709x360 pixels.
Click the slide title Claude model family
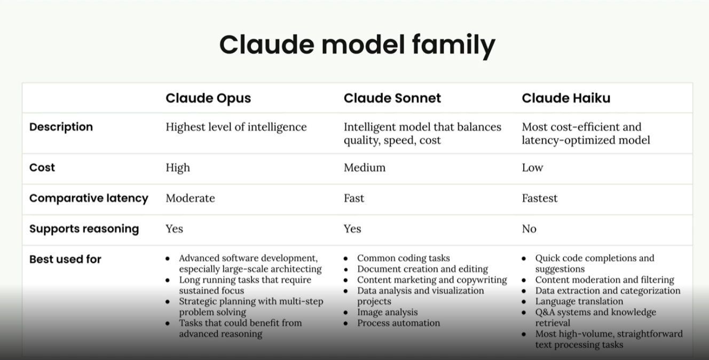coord(357,45)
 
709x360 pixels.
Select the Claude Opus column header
coord(208,98)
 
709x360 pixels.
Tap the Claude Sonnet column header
coord(392,98)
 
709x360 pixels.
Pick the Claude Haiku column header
coord(566,98)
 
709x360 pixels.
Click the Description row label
coord(61,127)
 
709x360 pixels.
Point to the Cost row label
coord(42,167)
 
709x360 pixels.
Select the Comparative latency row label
coord(89,199)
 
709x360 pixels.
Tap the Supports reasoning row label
coord(84,229)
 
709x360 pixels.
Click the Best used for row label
coord(65,259)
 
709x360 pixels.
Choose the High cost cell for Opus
coord(178,168)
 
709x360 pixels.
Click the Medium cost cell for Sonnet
coord(365,167)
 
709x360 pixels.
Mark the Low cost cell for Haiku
coord(532,167)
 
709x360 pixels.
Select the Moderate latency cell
coord(190,198)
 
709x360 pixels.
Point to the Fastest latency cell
coord(540,198)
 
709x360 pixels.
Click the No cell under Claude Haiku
coord(529,229)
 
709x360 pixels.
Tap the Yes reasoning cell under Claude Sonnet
coord(352,229)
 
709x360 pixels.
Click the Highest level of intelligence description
coord(236,127)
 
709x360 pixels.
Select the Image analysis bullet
coord(388,312)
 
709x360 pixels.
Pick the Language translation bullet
coord(579,301)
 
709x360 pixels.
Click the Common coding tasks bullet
coord(404,259)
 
